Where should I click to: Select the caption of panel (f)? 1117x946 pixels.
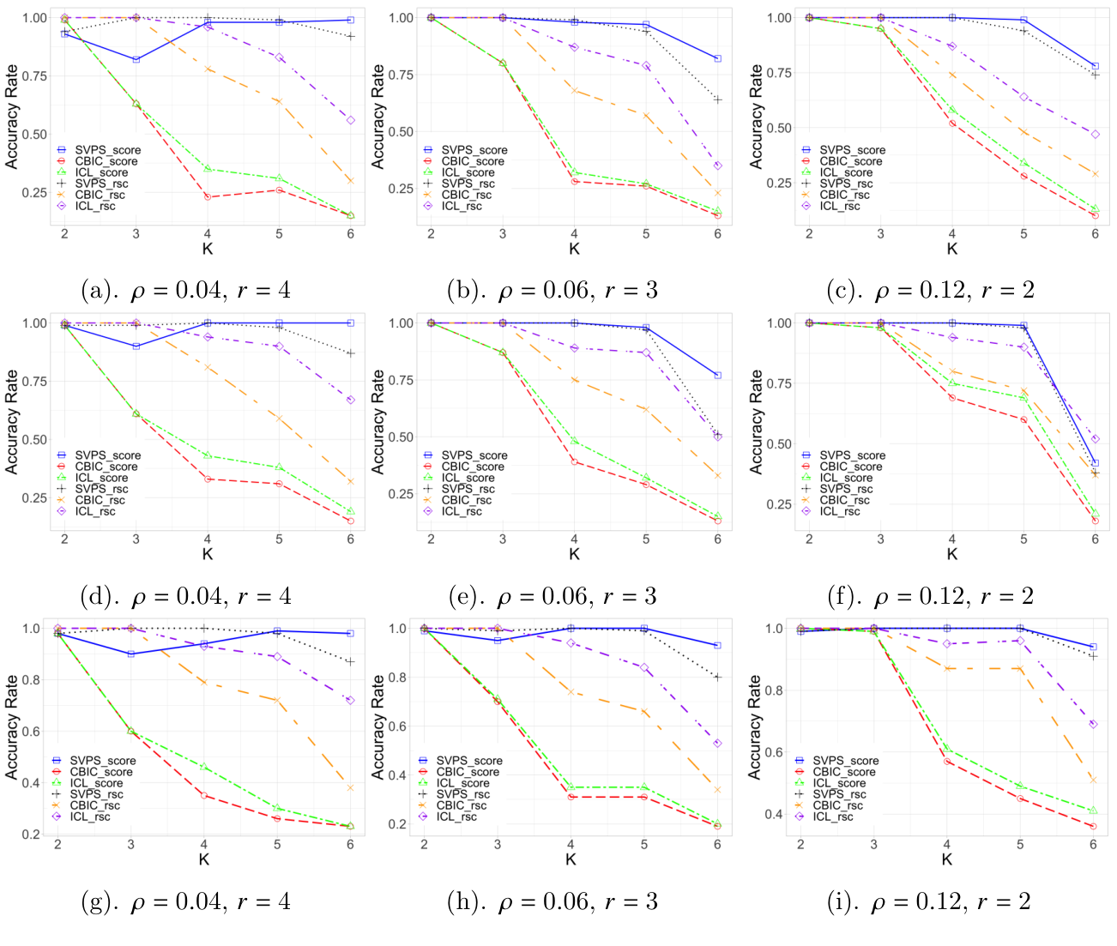pyautogui.click(x=930, y=596)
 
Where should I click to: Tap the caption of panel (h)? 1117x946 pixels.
pyautogui.click(x=552, y=901)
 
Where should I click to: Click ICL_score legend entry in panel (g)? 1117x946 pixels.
pyautogui.click(x=96, y=783)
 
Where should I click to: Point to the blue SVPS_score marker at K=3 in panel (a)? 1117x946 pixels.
pyautogui.click(x=136, y=59)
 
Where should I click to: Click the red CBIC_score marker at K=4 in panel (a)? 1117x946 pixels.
pyautogui.click(x=208, y=197)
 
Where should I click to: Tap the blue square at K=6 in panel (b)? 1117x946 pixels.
pyautogui.click(x=717, y=58)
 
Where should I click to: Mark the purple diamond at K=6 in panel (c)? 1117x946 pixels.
pyautogui.click(x=1095, y=134)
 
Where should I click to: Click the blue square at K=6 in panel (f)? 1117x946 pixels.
pyautogui.click(x=1095, y=463)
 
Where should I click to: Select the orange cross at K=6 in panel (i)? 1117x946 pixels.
pyautogui.click(x=1093, y=780)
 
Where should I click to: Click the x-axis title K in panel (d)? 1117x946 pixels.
pyautogui.click(x=208, y=555)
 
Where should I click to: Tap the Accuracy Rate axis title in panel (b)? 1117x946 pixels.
pyautogui.click(x=377, y=116)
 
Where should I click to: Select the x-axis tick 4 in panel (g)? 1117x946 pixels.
pyautogui.click(x=204, y=845)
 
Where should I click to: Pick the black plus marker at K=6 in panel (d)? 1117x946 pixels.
pyautogui.click(x=351, y=353)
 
